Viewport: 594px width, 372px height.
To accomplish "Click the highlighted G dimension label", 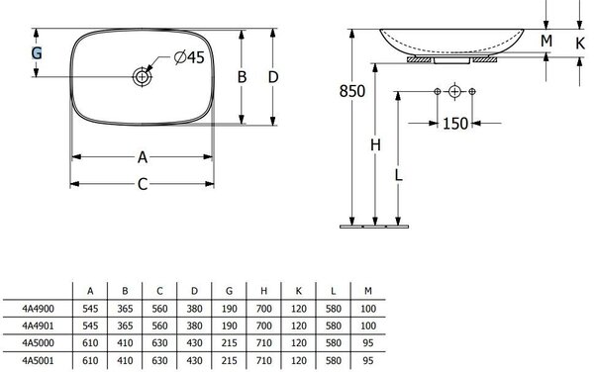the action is pos(37,53).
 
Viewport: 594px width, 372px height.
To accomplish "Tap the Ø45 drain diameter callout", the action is pos(189,57).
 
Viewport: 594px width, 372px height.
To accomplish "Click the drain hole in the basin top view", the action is pos(142,77).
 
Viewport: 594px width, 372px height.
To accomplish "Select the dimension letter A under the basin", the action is pos(142,157).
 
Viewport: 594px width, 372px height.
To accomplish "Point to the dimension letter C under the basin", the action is pos(142,184).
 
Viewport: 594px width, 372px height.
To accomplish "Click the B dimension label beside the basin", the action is pos(242,77).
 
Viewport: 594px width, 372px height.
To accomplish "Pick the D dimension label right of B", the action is pos(273,77).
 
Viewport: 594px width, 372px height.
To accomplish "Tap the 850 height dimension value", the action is pos(351,91).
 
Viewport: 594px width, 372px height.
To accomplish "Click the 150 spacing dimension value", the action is pos(455,124).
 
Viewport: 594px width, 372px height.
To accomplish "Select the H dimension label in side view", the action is pos(375,144).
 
